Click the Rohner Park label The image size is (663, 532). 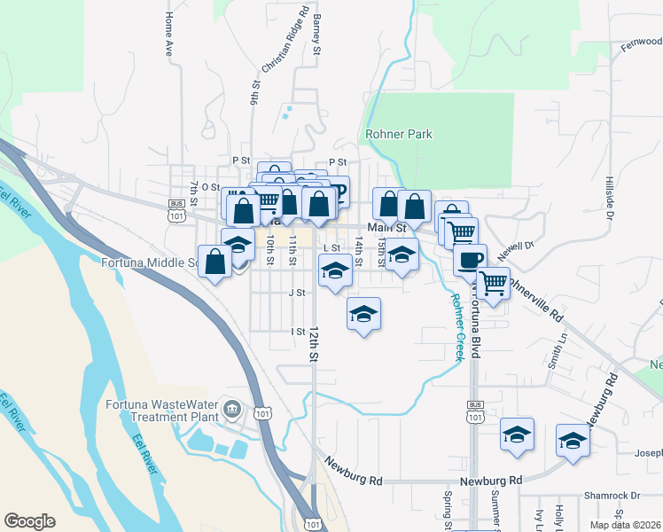[x=398, y=134]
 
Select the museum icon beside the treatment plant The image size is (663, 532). [x=231, y=409]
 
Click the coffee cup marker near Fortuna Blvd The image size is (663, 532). [x=470, y=260]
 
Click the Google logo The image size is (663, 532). [x=29, y=521]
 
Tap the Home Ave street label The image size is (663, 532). [x=168, y=35]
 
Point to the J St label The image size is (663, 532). [x=296, y=292]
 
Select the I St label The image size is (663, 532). [x=298, y=332]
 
